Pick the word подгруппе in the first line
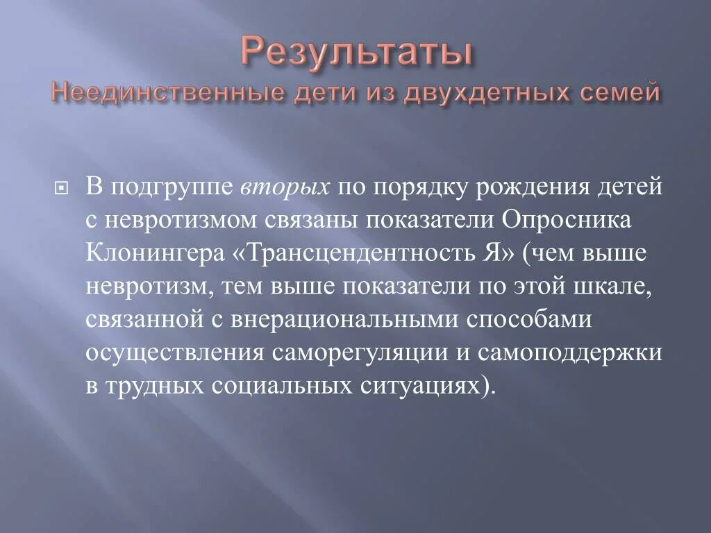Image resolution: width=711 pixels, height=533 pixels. [171, 188]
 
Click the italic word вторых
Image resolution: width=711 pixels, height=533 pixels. [286, 188]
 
